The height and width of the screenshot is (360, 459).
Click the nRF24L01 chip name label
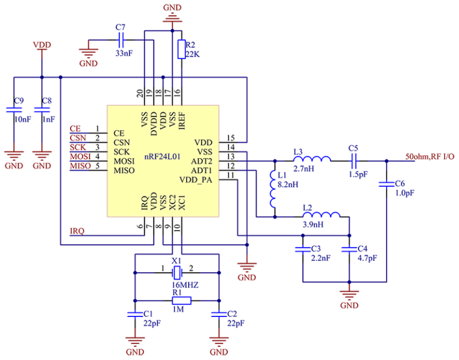tap(162, 156)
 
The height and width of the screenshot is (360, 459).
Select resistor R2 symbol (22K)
tap(182, 49)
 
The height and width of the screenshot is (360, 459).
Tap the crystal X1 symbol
tap(177, 273)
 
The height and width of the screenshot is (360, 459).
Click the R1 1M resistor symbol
tap(182, 301)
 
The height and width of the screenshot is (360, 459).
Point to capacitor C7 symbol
tap(121, 40)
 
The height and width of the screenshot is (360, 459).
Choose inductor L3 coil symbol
tap(312, 159)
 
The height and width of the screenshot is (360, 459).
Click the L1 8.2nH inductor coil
tap(273, 189)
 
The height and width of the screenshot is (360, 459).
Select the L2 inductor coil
tap(322, 215)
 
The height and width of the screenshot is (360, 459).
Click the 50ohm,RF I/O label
tap(430, 156)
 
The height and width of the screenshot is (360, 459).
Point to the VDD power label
tap(42, 45)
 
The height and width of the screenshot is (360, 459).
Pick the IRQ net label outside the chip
tap(77, 231)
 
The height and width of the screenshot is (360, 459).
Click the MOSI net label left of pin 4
tap(80, 157)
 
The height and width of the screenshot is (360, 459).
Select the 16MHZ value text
tap(185, 285)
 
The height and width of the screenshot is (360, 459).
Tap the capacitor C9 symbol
tap(14, 110)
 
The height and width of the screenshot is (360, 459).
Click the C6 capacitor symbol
tap(387, 184)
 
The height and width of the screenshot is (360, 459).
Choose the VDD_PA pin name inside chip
tap(195, 180)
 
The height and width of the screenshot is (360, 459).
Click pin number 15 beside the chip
tap(231, 138)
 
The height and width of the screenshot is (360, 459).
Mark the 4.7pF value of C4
tap(368, 259)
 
